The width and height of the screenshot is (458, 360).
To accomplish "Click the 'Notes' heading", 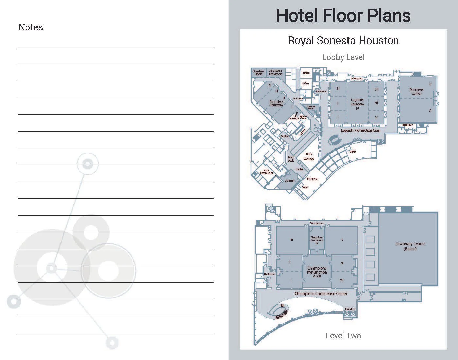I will tap(30, 27).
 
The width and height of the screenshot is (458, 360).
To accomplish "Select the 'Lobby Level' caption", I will tap(343, 57).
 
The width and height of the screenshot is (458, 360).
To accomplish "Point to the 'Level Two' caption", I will tap(343, 335).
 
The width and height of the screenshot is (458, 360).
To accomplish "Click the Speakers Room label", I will tap(258, 72).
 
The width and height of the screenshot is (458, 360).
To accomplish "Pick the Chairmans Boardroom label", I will tap(275, 72).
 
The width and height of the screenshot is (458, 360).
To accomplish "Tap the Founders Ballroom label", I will tap(276, 103).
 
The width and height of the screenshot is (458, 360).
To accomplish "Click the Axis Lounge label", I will tap(308, 156).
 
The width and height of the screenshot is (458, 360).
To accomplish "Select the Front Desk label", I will tap(291, 159).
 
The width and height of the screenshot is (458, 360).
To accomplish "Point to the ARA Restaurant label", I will tap(266, 171).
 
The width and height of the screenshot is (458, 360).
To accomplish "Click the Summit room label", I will tap(290, 181).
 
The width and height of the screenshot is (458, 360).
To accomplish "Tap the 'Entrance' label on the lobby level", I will tap(312, 179).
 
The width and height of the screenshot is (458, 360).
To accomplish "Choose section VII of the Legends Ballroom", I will tap(376, 89).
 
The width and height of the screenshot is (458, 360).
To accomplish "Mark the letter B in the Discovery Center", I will tap(430, 84).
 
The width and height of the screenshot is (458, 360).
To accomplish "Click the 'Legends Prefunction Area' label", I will tap(360, 130).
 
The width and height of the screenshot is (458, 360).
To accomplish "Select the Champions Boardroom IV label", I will tap(317, 240).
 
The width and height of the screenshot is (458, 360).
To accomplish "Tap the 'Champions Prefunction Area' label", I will tap(317, 272).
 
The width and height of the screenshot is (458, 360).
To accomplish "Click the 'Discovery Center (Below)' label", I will tap(410, 246).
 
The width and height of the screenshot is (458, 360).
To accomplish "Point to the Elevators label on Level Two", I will tap(350, 309).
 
